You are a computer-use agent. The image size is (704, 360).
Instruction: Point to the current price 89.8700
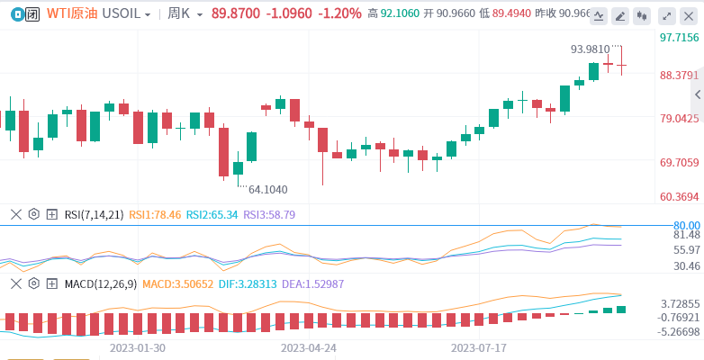tap(236, 14)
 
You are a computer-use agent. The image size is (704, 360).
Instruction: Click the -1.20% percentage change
tap(340, 14)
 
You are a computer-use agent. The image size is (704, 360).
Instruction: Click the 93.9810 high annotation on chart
tap(590, 49)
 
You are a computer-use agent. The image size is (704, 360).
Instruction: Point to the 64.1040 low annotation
tap(267, 189)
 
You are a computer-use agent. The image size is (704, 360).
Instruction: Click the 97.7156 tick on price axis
tap(678, 38)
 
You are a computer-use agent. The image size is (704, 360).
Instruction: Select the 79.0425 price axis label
tap(678, 118)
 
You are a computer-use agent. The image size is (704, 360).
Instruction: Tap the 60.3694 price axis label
tap(678, 197)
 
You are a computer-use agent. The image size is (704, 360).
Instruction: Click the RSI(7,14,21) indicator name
tap(94, 214)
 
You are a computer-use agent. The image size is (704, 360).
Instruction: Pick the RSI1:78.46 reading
tap(155, 214)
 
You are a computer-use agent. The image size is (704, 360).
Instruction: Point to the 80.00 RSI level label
tap(686, 225)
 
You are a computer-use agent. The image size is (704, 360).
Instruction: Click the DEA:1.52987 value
tap(311, 283)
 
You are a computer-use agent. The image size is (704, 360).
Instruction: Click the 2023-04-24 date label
tap(309, 346)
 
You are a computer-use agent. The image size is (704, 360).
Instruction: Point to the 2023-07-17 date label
tap(479, 346)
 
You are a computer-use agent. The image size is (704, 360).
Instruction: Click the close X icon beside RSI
tap(15, 214)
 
